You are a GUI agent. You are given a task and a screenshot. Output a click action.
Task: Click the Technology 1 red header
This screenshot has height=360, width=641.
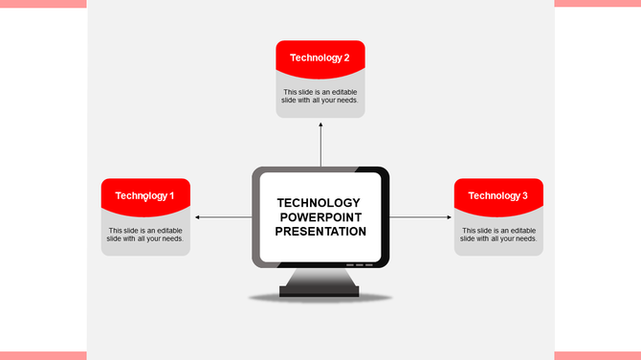[x=145, y=195]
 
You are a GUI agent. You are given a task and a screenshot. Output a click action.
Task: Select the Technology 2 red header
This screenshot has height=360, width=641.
[x=320, y=56]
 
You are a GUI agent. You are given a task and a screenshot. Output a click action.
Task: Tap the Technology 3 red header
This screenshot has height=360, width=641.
[x=498, y=195]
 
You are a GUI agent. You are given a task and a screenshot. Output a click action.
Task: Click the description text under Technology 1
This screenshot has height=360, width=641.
[x=145, y=235]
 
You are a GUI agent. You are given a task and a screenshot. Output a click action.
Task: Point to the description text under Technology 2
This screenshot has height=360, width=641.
[x=320, y=96]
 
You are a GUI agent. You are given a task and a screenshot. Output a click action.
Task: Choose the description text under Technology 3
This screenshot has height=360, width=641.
[x=498, y=235]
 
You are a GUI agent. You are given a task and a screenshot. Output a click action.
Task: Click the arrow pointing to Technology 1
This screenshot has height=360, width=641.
[x=221, y=217]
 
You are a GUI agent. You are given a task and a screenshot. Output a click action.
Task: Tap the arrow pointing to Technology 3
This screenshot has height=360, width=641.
[x=421, y=217]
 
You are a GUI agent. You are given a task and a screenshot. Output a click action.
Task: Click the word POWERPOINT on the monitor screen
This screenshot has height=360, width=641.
[x=320, y=217]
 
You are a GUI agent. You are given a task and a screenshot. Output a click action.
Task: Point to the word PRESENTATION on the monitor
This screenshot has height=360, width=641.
[x=320, y=232]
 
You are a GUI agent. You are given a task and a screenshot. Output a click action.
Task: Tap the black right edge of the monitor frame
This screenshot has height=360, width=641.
[x=385, y=217]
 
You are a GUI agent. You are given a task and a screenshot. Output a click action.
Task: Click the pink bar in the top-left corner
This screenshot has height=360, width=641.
[x=43, y=4]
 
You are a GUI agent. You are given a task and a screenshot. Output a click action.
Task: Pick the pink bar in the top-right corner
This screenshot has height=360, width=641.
[x=597, y=4]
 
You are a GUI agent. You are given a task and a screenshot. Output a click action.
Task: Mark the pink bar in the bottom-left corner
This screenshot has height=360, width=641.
[x=43, y=355]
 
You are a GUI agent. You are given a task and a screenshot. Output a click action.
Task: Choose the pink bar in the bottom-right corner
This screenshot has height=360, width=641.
[x=597, y=355]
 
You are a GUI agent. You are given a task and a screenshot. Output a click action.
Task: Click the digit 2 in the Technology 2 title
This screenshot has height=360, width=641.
[x=346, y=57]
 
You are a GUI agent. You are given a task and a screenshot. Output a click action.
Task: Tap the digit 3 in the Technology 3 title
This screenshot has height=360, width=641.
[x=524, y=195]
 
